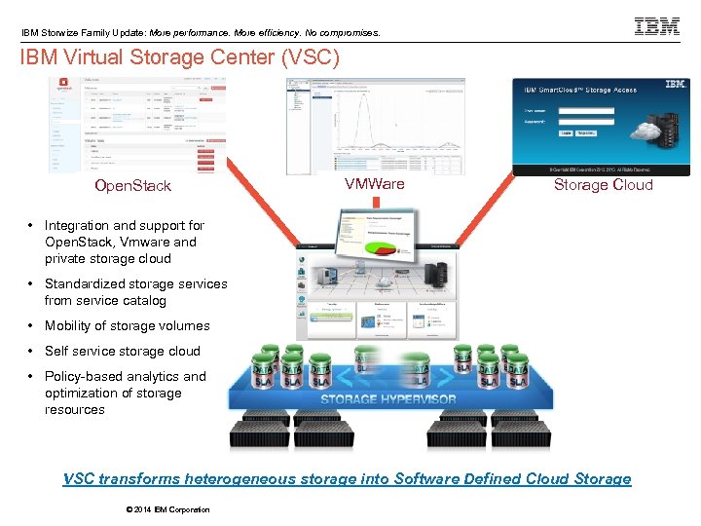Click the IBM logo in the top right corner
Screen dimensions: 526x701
point(657,26)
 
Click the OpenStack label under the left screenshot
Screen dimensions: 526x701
point(132,185)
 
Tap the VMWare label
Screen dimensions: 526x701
point(374,184)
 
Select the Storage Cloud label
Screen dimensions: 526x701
point(603,184)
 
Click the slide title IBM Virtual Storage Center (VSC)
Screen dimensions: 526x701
point(180,57)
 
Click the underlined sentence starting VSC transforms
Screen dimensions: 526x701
point(347,478)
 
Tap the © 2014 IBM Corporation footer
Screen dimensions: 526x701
point(167,509)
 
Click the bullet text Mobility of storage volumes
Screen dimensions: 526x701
point(127,325)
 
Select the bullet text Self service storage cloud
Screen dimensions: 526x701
point(122,351)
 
